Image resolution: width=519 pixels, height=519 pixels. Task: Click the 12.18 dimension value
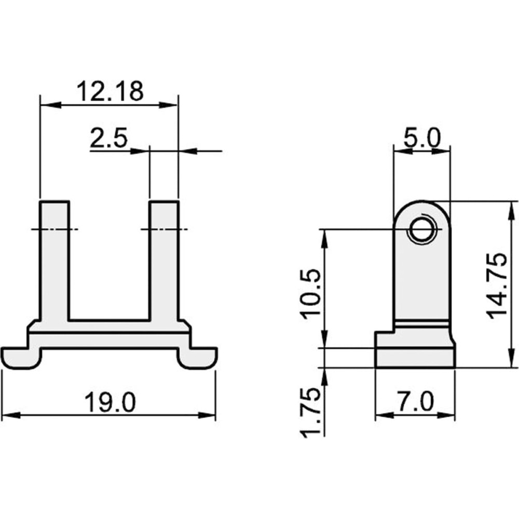(110, 91)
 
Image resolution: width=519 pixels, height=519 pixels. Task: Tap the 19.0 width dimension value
(110, 402)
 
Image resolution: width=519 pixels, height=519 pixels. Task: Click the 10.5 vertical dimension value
(310, 294)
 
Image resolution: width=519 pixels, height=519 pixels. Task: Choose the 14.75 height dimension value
(497, 285)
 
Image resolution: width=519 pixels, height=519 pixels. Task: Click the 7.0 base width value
(415, 401)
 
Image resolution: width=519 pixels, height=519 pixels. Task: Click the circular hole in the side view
(422, 229)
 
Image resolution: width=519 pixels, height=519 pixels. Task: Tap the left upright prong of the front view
(54, 261)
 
